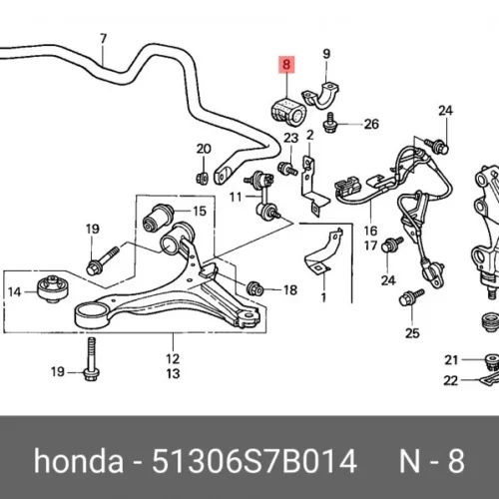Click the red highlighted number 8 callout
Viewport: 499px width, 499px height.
[286, 64]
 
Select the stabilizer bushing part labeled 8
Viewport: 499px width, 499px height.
[287, 112]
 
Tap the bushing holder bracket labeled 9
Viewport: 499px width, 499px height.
[321, 96]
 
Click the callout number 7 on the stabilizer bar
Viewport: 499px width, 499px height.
[103, 39]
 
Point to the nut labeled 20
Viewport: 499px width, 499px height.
[202, 178]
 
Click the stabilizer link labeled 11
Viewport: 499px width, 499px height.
[264, 196]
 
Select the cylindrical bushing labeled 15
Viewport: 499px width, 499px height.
[158, 218]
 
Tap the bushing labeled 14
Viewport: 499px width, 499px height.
[52, 288]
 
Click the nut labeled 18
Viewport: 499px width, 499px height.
[255, 288]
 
